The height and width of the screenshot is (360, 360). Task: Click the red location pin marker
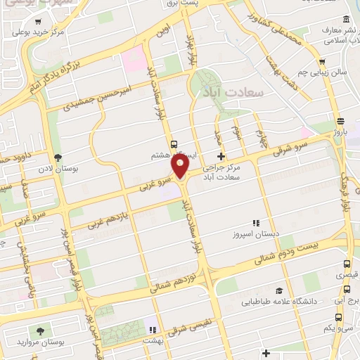(181, 167)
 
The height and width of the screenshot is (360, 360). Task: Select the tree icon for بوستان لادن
(58, 157)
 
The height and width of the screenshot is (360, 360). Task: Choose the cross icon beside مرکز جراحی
(221, 157)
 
